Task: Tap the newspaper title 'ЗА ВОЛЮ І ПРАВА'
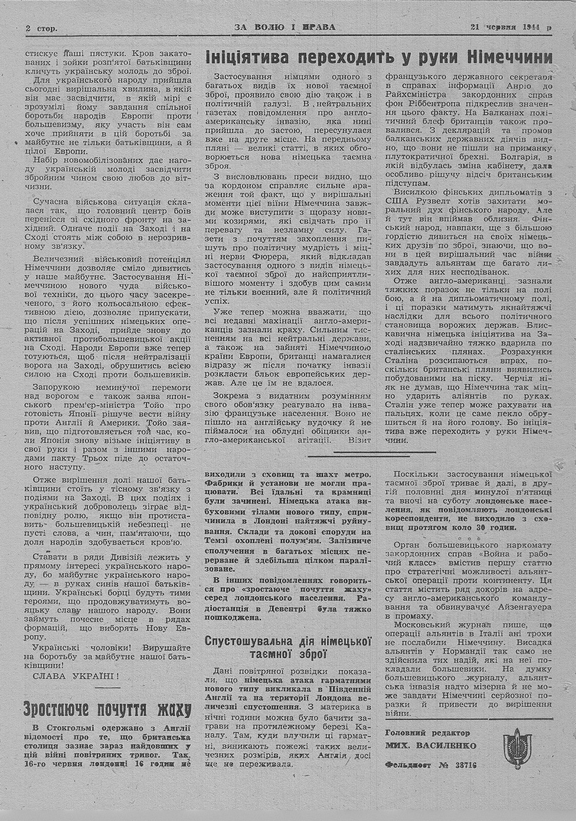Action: [285, 26]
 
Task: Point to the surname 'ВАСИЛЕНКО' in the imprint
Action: [451, 746]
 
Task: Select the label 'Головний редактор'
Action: [427, 733]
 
